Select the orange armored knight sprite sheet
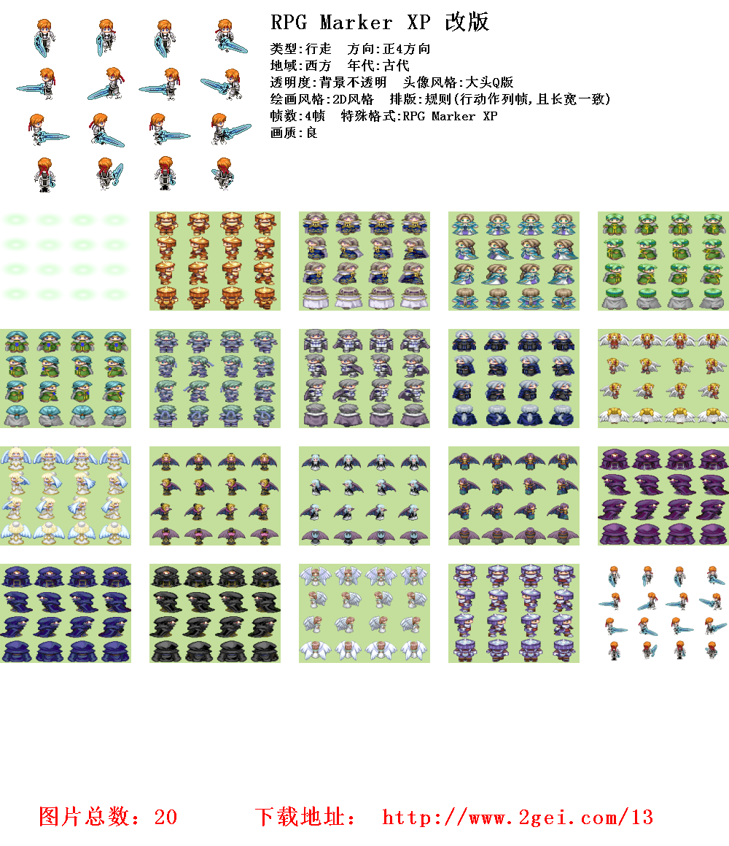pyautogui.click(x=215, y=260)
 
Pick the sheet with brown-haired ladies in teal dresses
pyautogui.click(x=514, y=260)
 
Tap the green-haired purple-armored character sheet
pyautogui.click(x=215, y=378)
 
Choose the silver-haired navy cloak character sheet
pyautogui.click(x=514, y=378)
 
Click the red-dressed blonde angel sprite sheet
pyautogui.click(x=663, y=378)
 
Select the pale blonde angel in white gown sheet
pyautogui.click(x=66, y=495)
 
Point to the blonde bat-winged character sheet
pyautogui.click(x=215, y=495)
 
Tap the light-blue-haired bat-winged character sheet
pyautogui.click(x=364, y=495)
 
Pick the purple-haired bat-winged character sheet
pyautogui.click(x=514, y=495)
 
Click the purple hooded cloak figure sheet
pyautogui.click(x=663, y=495)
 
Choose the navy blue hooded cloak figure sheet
pyautogui.click(x=66, y=613)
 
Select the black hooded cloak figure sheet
pyautogui.click(x=215, y=613)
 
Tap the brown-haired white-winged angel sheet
pyautogui.click(x=364, y=613)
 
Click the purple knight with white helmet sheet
pyautogui.click(x=514, y=613)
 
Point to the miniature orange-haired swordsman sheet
pyautogui.click(x=663, y=613)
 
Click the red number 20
pyautogui.click(x=165, y=817)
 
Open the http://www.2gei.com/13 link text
pyautogui.click(x=518, y=817)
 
